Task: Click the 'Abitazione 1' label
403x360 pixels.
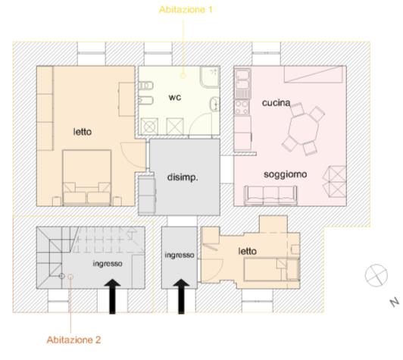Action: tap(186, 10)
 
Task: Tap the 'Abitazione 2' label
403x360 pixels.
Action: tap(73, 340)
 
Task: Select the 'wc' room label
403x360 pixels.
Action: tap(175, 97)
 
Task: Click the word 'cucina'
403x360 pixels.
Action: tap(276, 103)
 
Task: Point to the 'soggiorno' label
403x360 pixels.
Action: tap(286, 174)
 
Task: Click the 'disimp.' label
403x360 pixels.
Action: tap(183, 177)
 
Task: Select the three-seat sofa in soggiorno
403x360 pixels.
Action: tap(270, 196)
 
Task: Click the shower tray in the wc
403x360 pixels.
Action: tap(210, 77)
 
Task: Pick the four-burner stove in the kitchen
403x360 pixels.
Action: tap(242, 107)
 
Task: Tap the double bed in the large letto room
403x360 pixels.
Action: tap(87, 178)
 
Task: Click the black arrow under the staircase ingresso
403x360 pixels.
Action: tap(112, 296)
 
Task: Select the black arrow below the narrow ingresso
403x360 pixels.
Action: tap(181, 296)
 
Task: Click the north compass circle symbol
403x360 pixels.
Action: tap(376, 275)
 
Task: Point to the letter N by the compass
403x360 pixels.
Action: tap(395, 302)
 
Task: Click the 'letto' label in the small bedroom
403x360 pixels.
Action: tap(247, 251)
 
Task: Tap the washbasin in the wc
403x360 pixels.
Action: tap(215, 104)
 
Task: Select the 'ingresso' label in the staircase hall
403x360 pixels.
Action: tap(108, 264)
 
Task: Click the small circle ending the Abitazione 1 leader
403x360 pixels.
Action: tap(183, 76)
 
